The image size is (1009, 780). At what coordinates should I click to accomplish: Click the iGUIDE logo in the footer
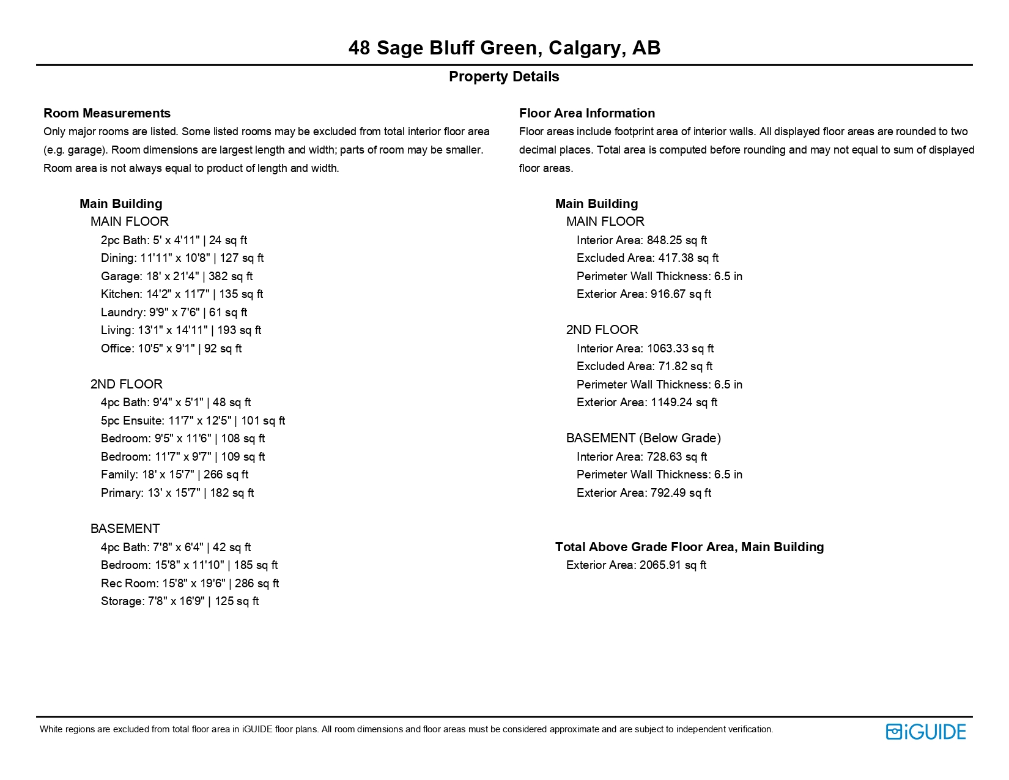tap(925, 732)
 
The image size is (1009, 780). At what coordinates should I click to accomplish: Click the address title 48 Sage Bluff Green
tap(504, 48)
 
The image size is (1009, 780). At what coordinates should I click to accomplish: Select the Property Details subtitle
tap(504, 76)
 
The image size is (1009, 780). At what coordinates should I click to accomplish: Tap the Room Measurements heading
tap(107, 113)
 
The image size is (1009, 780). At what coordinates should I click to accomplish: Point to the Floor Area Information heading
tap(586, 113)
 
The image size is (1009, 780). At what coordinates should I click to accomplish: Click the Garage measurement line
tap(177, 277)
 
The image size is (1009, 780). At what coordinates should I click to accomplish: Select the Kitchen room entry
tap(182, 294)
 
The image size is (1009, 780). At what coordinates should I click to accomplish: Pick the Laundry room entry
tap(174, 313)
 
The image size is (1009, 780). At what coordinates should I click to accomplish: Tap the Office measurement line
tap(171, 349)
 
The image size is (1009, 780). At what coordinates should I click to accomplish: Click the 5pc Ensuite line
tap(193, 421)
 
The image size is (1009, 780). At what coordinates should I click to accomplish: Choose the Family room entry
tap(174, 475)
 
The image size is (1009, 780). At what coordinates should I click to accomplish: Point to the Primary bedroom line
tap(177, 493)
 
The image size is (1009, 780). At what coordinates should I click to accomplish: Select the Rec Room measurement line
tap(190, 584)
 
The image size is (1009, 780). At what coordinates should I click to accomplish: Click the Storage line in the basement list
tap(180, 601)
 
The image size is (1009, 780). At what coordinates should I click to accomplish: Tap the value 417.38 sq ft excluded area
tap(688, 258)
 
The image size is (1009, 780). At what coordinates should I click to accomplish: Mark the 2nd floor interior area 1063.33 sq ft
tap(680, 349)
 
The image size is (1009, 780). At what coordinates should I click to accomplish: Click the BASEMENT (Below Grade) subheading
tap(643, 438)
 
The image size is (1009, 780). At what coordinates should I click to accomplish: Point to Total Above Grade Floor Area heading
tap(689, 547)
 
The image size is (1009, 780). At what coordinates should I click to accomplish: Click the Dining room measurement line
tap(182, 258)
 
